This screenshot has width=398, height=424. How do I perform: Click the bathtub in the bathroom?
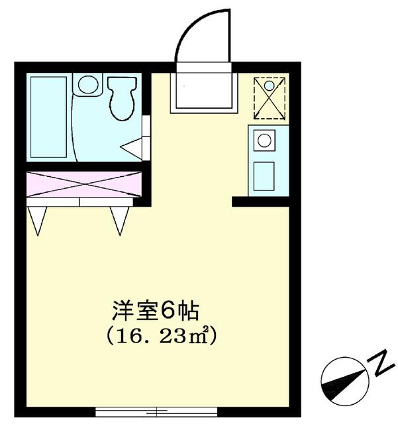pos(48,117)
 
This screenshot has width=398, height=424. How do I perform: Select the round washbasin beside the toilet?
pos(88,84)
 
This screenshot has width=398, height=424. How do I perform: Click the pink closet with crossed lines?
pos(84,184)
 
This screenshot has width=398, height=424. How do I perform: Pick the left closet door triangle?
pos(38,218)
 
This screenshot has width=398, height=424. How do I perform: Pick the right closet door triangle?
pos(119,218)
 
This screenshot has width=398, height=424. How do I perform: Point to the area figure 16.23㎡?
pos(162,336)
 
